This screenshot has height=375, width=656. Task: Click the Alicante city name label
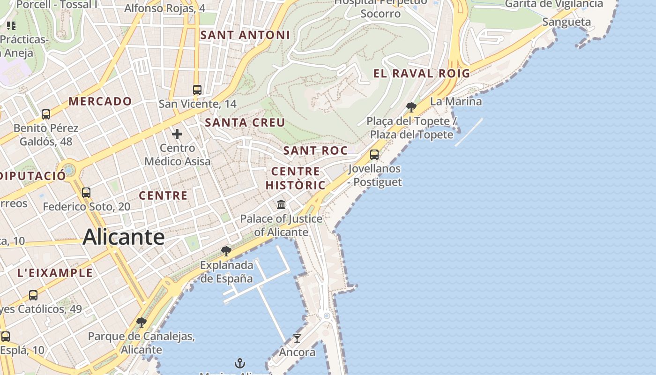(123, 237)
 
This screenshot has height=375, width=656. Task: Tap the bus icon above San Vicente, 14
(197, 90)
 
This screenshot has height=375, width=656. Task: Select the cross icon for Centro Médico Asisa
(177, 135)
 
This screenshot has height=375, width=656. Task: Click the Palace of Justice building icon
(281, 204)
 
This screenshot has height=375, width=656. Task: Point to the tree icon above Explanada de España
(226, 251)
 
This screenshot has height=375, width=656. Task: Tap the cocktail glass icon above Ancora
(297, 338)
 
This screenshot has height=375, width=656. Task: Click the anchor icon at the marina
(240, 363)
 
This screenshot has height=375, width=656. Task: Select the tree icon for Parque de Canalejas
(141, 322)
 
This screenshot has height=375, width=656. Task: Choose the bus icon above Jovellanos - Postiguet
(374, 154)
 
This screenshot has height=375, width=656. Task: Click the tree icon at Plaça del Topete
(411, 107)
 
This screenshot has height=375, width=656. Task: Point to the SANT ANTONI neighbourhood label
(245, 35)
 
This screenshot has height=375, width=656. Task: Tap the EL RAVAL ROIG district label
(421, 74)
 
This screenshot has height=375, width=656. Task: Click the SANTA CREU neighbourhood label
(245, 123)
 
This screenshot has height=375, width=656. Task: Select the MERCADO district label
(100, 101)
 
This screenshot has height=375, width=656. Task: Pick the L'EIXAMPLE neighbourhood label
(55, 273)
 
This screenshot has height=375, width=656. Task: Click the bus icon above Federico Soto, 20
(86, 192)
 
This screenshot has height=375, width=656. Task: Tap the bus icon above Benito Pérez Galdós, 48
(46, 114)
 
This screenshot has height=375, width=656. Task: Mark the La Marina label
(455, 101)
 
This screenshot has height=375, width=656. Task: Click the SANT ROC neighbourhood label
(315, 150)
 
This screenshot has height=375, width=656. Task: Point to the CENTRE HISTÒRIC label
(296, 178)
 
